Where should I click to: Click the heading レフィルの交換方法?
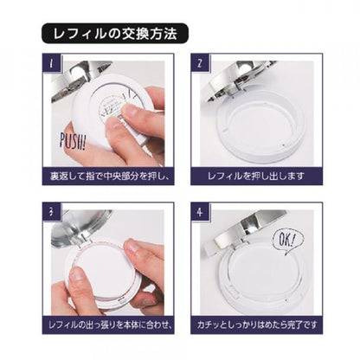pyautogui.click(x=115, y=34)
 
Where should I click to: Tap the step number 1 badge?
pyautogui.click(x=52, y=63)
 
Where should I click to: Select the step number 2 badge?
pyautogui.click(x=200, y=63)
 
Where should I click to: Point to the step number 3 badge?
pyautogui.click(x=52, y=212)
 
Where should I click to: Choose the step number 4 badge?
pyautogui.click(x=200, y=212)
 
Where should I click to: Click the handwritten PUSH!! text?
pyautogui.click(x=73, y=142)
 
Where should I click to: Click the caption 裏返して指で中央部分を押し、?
pyautogui.click(x=109, y=176)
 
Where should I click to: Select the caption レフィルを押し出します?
pyautogui.click(x=256, y=176)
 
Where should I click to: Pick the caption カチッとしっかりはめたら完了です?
pyautogui.click(x=257, y=325)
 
